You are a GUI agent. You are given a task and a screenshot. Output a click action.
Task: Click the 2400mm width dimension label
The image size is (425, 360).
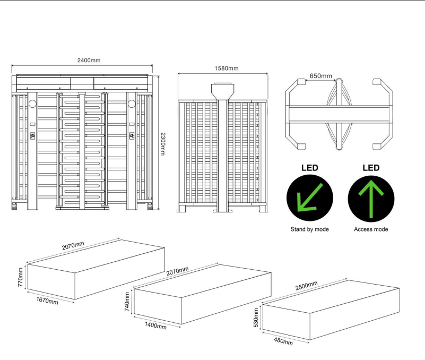click(x=89, y=60)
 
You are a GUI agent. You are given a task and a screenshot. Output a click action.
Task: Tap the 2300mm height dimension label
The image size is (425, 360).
click(x=163, y=144)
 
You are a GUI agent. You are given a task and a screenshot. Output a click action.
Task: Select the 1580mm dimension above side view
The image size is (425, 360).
click(x=227, y=68)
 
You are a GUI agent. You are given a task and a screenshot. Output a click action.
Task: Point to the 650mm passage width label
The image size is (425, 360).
click(x=320, y=76)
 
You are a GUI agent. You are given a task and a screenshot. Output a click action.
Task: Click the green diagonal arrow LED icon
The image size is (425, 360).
click(x=310, y=198)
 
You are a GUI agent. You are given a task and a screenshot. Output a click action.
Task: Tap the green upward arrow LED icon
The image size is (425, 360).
click(x=371, y=199)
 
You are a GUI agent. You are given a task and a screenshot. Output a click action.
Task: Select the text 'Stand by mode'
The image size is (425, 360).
click(x=309, y=229)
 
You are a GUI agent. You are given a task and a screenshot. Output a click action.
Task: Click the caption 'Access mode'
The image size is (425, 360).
click(x=371, y=229)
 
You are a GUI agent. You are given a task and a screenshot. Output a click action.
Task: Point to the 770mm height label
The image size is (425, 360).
click(x=20, y=277)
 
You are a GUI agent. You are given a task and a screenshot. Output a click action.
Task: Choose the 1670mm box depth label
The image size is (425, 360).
click(x=47, y=301)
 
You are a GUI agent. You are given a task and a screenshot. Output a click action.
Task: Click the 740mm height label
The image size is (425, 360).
click(x=127, y=302)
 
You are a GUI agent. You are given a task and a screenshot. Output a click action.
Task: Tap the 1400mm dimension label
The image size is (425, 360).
click(x=155, y=325)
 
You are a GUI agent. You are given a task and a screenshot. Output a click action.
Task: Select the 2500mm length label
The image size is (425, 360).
click(x=306, y=286)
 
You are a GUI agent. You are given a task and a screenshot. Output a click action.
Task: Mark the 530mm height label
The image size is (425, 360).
click(x=256, y=318)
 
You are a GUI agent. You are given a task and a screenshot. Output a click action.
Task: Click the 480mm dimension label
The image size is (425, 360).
click(x=283, y=341)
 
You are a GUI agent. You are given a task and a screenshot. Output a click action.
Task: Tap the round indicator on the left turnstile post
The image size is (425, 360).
click(x=32, y=104)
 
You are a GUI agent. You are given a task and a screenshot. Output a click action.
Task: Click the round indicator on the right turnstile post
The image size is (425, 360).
click(x=132, y=104)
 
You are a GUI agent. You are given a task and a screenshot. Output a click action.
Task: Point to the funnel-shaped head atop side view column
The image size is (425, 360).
click(x=223, y=91)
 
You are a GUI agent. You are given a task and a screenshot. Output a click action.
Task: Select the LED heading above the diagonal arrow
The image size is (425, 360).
click(x=310, y=168)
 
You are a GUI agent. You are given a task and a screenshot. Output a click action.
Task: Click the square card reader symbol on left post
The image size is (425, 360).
click(x=32, y=135)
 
